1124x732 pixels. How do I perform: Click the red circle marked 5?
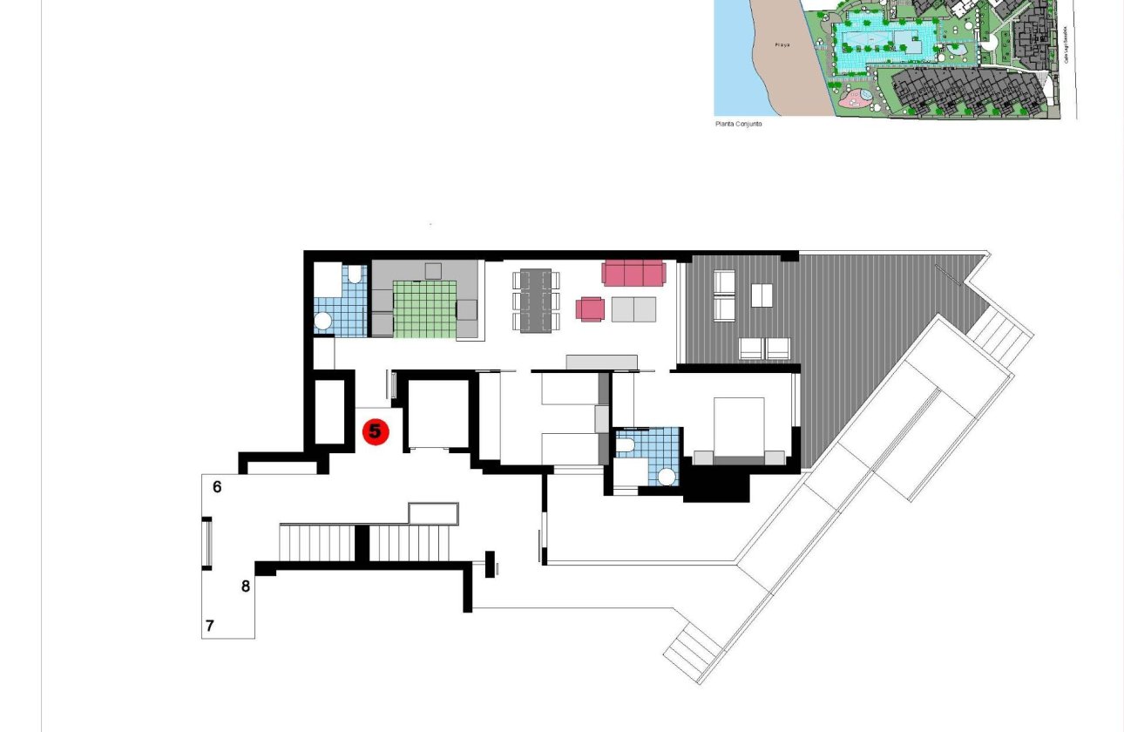point(376,430)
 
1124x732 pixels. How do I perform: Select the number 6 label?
point(217,487)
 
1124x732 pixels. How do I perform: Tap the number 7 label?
point(209,626)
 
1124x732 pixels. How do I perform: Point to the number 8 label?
point(246,586)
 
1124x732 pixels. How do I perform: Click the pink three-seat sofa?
point(633,273)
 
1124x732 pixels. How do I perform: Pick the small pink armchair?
point(591,308)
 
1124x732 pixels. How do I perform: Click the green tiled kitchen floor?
point(424,309)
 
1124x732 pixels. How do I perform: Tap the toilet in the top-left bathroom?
point(354,275)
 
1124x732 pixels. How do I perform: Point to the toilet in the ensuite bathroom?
point(625,445)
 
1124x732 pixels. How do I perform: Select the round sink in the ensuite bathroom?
point(667,476)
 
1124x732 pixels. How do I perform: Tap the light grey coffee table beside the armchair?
point(633,309)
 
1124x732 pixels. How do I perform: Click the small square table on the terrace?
point(762,295)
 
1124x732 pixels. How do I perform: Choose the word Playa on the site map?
point(782,44)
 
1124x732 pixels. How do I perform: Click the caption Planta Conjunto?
point(738,125)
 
